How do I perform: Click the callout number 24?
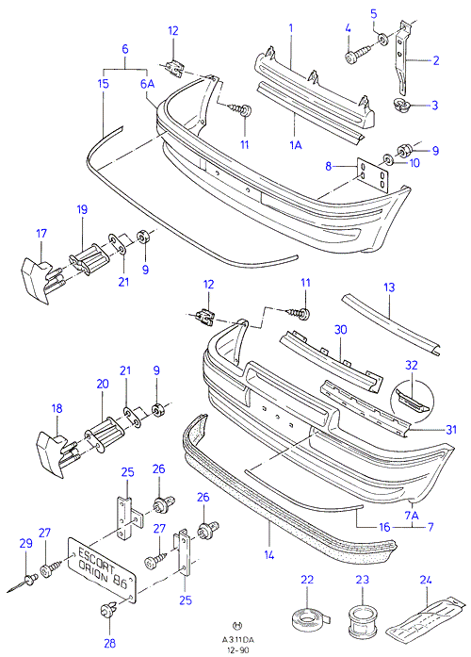pos(426,580)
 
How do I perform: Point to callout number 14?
pos(268,555)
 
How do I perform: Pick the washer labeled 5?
pos(382,39)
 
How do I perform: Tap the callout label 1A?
pos(296,145)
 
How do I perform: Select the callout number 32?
pos(412,365)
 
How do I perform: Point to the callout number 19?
pos(82,209)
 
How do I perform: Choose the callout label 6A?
pos(147,84)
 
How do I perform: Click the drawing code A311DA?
pos(238,640)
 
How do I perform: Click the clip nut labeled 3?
pos(402,106)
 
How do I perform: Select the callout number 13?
pos(389,287)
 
